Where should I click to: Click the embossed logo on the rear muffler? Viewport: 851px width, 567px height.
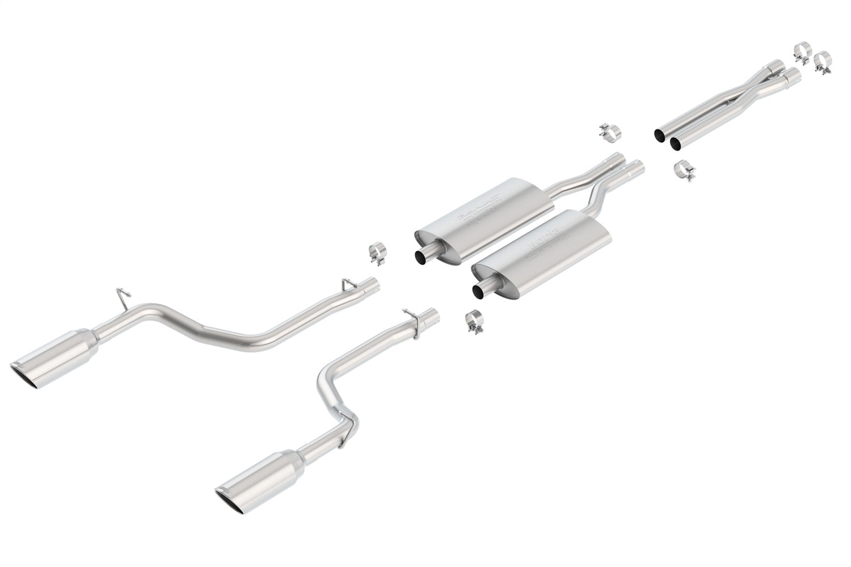pyautogui.click(x=479, y=209)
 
